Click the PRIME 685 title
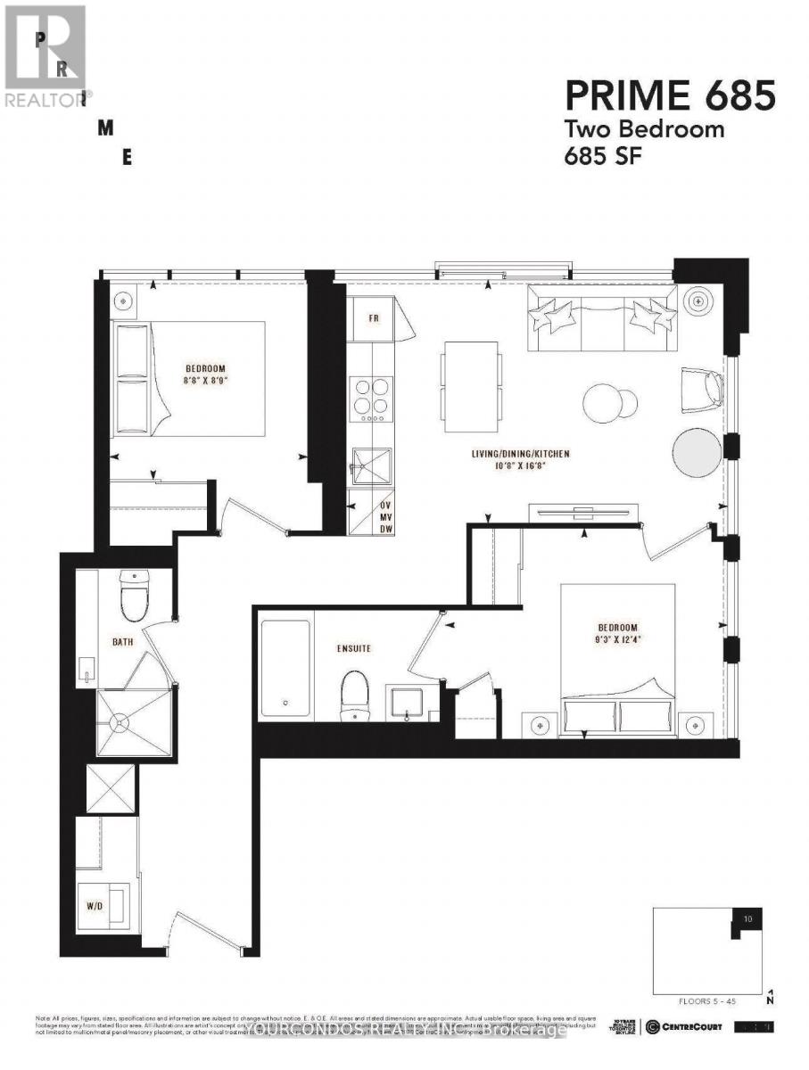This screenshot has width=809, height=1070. [670, 95]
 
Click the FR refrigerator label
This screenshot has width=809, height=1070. [375, 317]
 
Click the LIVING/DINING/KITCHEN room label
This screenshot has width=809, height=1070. [520, 454]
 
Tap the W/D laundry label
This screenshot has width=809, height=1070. [94, 904]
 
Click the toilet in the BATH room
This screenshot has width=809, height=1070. [132, 595]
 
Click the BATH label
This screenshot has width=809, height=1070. [122, 641]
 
